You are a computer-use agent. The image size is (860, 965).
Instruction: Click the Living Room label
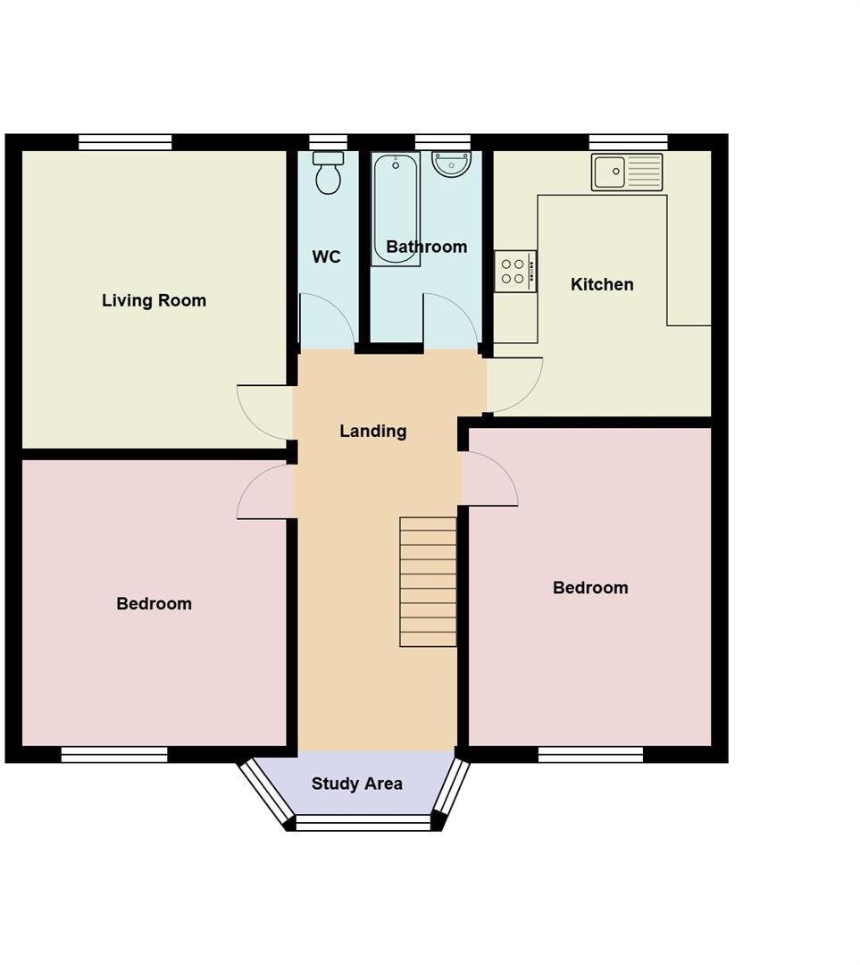[x=154, y=300]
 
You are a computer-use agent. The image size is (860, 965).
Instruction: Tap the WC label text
[x=326, y=257]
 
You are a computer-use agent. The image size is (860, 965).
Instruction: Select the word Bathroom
[x=426, y=247]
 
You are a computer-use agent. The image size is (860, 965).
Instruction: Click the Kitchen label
[x=602, y=284]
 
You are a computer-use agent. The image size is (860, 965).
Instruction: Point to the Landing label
[x=372, y=431]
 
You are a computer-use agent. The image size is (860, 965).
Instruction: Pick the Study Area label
[x=356, y=784]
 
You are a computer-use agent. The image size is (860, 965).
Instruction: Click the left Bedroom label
[x=154, y=604]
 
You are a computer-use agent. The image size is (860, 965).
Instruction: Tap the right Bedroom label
[x=589, y=588]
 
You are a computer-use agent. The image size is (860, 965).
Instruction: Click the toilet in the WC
[x=328, y=172]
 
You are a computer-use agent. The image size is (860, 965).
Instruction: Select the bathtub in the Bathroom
[x=395, y=209]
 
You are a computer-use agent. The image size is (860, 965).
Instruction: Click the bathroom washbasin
[x=451, y=164]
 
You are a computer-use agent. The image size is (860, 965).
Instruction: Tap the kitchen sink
[x=627, y=172]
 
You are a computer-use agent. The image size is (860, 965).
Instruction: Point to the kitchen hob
[x=515, y=272]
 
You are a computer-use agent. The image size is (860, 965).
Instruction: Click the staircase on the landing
[x=428, y=581]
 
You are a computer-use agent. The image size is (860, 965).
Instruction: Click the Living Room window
[x=125, y=142]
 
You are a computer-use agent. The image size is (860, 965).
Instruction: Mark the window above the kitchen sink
[x=628, y=142]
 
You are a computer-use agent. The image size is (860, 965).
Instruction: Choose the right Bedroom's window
[x=590, y=755]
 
